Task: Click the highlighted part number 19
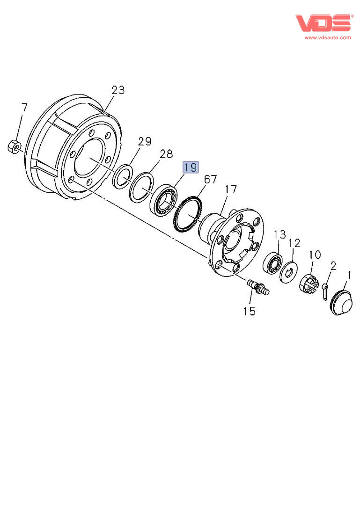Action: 191,167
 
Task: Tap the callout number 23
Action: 118,90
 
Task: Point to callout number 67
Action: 210,179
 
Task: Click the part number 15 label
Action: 249,311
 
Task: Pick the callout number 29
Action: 145,141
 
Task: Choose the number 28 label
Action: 166,154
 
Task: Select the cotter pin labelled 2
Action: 325,291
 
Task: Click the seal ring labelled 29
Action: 123,177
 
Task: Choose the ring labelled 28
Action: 141,187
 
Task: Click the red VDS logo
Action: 323,23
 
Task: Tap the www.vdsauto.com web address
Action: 327,37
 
